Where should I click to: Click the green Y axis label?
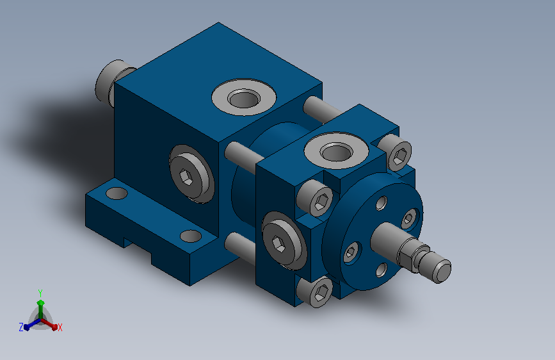pyautogui.click(x=40, y=293)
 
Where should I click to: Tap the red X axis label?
pyautogui.click(x=60, y=327)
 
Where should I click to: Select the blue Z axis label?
pyautogui.click(x=21, y=327)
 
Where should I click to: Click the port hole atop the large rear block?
pyautogui.click(x=244, y=98)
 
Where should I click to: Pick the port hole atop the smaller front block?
pyautogui.click(x=336, y=152)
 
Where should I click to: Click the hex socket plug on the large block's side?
pyautogui.click(x=191, y=174)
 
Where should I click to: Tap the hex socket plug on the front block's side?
pyautogui.click(x=284, y=241)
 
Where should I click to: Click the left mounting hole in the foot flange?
pyautogui.click(x=117, y=193)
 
